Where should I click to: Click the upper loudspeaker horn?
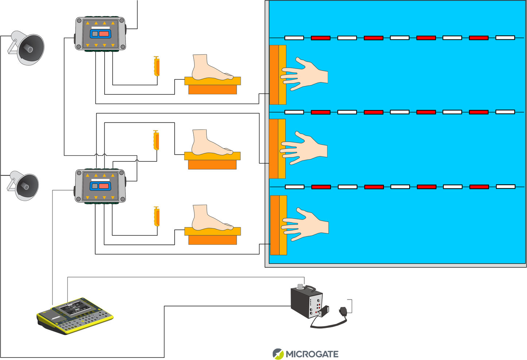(27, 48)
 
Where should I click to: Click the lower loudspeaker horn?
(24, 186)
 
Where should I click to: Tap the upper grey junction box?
(100, 34)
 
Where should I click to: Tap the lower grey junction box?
(100, 186)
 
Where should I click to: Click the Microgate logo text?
(312, 354)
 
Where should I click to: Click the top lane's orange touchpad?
(278, 75)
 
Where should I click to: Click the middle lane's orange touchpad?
(277, 149)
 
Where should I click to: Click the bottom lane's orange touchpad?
(278, 225)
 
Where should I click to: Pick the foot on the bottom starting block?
(210, 218)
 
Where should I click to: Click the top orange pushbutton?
(157, 67)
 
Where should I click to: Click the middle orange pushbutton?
(156, 141)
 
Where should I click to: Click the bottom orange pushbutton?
(157, 217)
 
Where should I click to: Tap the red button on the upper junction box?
(104, 34)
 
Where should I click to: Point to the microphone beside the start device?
(343, 311)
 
